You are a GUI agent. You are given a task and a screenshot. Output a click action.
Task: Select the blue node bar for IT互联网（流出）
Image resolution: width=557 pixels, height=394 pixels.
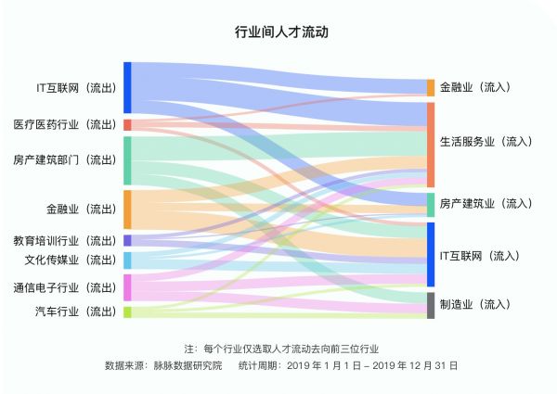tap(127, 88)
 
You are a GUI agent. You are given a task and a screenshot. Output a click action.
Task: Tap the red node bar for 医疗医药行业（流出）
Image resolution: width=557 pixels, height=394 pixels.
tap(127, 124)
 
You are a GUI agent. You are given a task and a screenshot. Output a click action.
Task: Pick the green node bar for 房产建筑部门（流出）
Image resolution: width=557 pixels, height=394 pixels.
tap(127, 160)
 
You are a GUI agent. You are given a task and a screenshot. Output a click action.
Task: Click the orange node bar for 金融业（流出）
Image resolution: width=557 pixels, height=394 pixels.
tap(127, 210)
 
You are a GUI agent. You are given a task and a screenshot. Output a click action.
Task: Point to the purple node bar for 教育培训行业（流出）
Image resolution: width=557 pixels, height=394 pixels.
tap(127, 240)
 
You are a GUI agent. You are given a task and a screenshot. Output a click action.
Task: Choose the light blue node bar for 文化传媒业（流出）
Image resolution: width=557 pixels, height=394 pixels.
tap(127, 261)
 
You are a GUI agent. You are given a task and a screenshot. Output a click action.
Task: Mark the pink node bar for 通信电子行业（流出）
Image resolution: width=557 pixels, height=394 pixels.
tap(127, 287)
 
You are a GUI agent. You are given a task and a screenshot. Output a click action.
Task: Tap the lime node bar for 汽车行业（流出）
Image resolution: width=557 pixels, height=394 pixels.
tap(127, 311)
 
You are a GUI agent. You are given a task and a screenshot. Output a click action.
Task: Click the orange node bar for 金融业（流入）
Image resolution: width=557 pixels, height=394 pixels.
tap(431, 88)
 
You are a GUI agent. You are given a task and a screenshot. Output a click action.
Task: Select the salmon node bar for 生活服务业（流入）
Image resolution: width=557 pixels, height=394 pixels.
tap(431, 145)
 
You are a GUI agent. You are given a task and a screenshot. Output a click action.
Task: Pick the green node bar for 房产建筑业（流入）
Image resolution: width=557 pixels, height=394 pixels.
tap(431, 204)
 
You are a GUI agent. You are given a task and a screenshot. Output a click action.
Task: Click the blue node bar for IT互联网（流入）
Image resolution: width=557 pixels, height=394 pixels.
tap(431, 255)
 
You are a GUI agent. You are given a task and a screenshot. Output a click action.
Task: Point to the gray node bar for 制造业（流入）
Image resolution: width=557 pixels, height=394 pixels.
tap(431, 305)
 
